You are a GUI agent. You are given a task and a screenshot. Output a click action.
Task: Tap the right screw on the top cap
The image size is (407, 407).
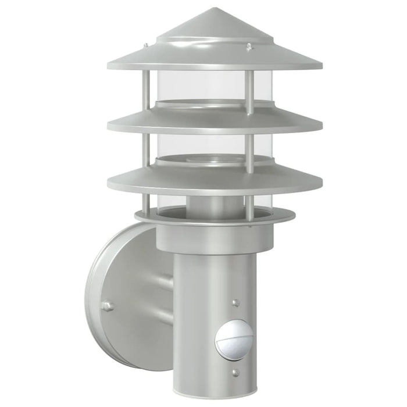pos(249,46)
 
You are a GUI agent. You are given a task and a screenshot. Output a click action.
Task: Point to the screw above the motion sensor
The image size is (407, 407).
pos(235,303)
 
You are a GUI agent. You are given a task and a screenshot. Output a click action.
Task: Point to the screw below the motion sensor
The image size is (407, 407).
pos(235,372)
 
